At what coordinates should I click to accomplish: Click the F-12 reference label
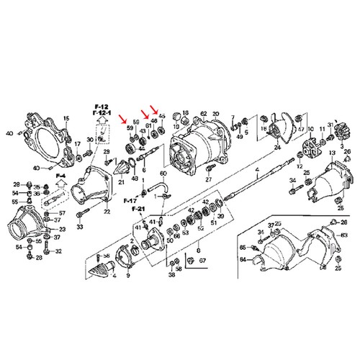(99, 107)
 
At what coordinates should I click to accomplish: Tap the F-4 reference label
(62, 175)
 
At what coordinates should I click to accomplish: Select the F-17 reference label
(130, 199)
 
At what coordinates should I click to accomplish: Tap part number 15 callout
(66, 118)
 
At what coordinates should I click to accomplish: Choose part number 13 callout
(332, 154)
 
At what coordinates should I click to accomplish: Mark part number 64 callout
(243, 259)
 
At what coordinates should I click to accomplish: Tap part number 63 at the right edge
(345, 235)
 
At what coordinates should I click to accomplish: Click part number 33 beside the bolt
(79, 228)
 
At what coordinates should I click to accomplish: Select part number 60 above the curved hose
(163, 174)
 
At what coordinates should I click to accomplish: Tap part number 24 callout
(276, 145)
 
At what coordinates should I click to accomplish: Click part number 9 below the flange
(128, 274)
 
